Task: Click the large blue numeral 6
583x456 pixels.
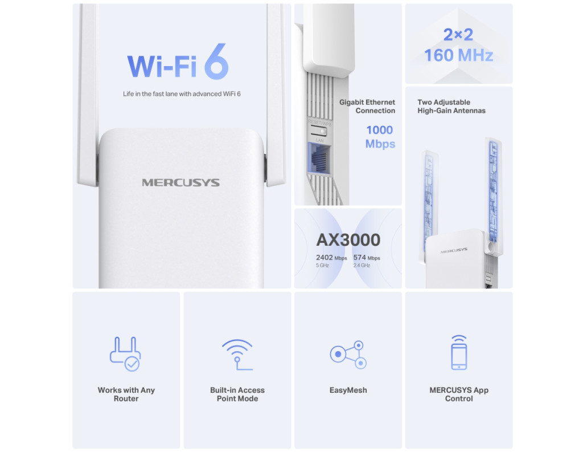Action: (x=216, y=62)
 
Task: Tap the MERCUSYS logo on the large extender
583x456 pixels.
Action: (x=180, y=182)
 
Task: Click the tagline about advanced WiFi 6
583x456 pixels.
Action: (x=182, y=94)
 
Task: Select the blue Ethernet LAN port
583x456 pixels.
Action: (x=319, y=158)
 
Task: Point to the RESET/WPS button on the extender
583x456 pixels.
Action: (x=319, y=131)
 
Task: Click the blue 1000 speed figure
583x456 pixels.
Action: (x=379, y=130)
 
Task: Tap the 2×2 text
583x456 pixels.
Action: (x=458, y=35)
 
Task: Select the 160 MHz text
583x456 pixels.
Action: (x=459, y=55)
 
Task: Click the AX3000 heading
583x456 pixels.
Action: (x=348, y=240)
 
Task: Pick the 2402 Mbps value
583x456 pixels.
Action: (x=331, y=258)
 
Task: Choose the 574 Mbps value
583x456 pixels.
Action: (x=367, y=258)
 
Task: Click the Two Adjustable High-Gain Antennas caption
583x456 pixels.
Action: (x=451, y=107)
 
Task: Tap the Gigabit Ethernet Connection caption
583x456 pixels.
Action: (x=367, y=107)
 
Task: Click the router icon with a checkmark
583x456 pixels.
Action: (x=125, y=354)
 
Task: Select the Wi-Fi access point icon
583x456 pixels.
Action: (x=237, y=355)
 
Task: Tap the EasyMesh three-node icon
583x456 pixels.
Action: (x=348, y=355)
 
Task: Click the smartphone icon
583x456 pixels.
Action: (x=459, y=352)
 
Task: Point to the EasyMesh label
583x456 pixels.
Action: (x=348, y=390)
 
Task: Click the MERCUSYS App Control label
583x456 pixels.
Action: (x=459, y=394)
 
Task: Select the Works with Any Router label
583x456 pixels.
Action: (x=126, y=394)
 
